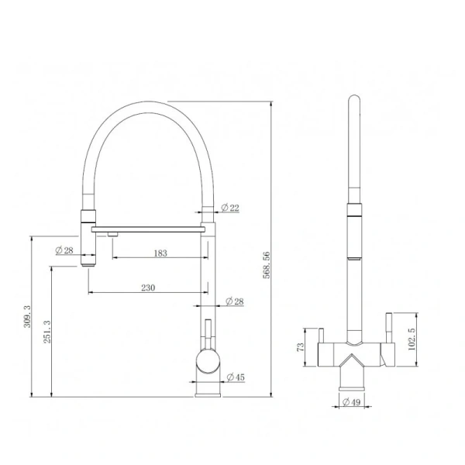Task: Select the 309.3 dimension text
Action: (28, 318)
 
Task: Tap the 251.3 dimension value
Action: (48, 333)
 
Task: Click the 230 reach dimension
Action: (148, 288)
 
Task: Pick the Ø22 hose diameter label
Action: (230, 207)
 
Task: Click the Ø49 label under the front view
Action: (353, 402)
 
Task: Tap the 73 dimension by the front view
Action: (301, 346)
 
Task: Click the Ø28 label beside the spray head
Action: (64, 250)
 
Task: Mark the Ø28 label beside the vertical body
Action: (234, 301)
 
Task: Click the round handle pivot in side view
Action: (208, 360)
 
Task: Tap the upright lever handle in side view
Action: (207, 332)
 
